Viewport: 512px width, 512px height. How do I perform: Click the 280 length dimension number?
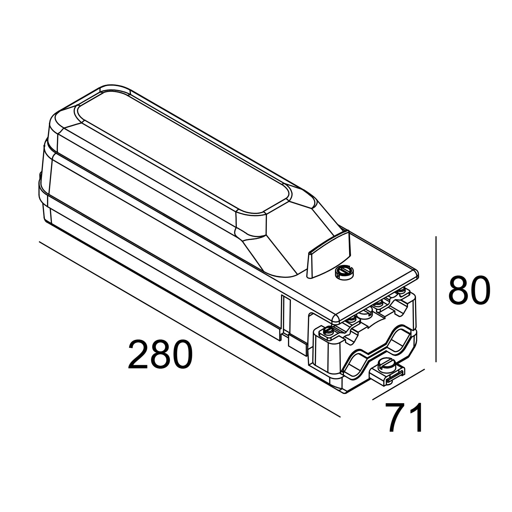(160, 355)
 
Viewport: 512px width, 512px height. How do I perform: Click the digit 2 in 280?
(139, 355)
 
